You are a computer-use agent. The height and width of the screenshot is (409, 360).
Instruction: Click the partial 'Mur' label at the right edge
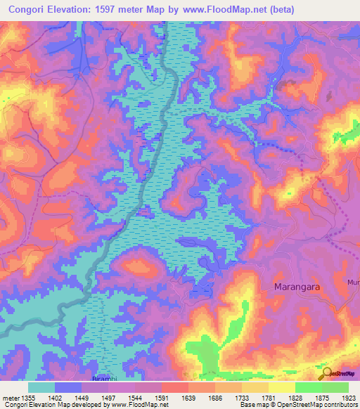(x=353, y=282)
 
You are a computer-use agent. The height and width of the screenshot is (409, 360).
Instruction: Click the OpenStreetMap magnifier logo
(x=326, y=372)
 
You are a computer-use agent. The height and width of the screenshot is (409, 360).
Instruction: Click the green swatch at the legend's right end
(x=335, y=387)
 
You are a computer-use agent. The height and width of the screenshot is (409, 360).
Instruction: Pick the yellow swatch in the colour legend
(x=281, y=387)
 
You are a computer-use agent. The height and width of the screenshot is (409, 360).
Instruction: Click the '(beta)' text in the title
(x=280, y=10)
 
